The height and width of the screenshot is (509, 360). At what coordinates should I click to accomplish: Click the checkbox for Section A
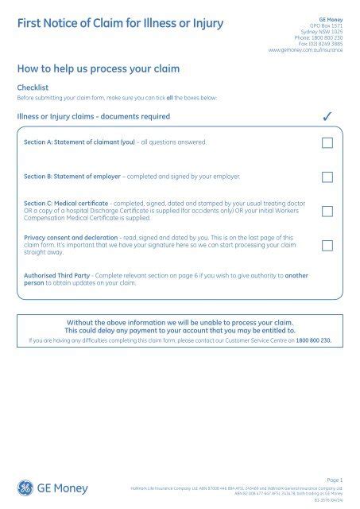click(327, 143)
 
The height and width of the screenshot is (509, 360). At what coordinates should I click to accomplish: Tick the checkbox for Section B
click(327, 177)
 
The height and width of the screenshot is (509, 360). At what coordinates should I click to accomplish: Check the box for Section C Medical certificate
click(327, 212)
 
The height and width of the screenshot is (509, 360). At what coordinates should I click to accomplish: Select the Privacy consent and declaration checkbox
click(327, 246)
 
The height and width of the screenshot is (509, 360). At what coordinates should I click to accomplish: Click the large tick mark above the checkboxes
click(327, 118)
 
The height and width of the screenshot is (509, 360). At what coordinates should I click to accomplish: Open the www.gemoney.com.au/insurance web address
click(306, 49)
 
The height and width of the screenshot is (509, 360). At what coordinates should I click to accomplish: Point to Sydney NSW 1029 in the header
click(325, 31)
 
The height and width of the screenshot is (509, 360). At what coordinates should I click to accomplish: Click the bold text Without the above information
click(180, 322)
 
